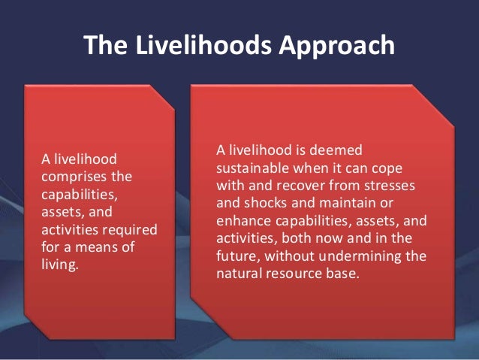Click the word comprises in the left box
tap(69, 177)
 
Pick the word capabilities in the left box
tap(74, 195)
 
